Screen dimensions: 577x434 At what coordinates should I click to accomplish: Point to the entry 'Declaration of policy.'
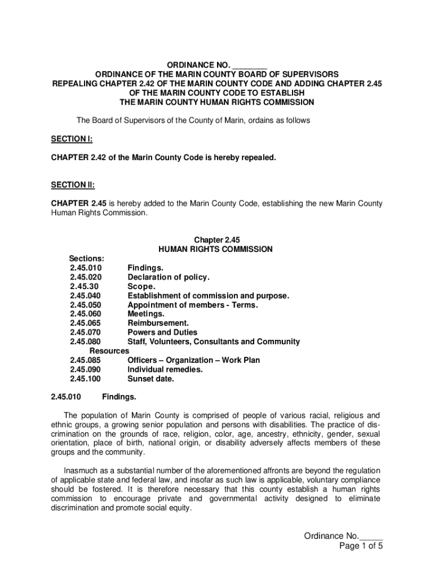click(x=168, y=277)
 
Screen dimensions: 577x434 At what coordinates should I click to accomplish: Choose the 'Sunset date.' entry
click(x=150, y=379)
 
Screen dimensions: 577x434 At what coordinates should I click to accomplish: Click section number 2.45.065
click(x=86, y=323)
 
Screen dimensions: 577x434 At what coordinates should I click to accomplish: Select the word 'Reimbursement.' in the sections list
click(x=158, y=323)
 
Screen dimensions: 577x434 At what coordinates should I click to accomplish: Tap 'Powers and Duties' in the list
click(x=162, y=332)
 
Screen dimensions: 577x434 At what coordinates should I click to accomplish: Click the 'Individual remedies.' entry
click(x=165, y=369)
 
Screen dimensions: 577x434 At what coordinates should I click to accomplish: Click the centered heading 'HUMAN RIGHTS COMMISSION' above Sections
click(x=216, y=249)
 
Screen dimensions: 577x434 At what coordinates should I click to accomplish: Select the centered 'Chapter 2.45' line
click(x=217, y=240)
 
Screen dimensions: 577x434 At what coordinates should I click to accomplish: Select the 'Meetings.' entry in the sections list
click(x=146, y=314)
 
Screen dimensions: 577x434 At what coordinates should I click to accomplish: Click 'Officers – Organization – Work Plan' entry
click(x=193, y=360)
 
